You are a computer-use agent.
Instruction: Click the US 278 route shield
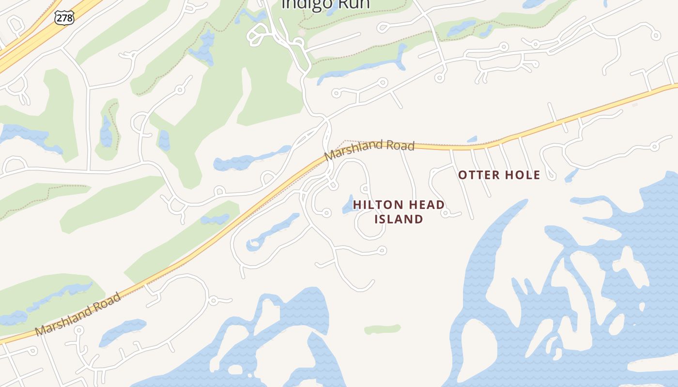point(64,18)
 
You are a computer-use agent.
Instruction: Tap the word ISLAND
point(399,219)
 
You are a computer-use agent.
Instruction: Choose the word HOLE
point(523,175)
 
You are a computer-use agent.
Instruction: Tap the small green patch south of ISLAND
point(383,329)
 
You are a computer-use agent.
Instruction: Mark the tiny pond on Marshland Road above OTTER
point(472,139)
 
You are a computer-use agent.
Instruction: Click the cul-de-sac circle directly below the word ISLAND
point(382,250)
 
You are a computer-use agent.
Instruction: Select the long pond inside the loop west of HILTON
point(274,231)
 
